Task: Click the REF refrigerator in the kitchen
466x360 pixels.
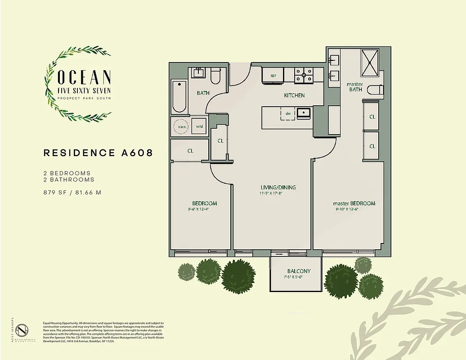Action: (273, 76)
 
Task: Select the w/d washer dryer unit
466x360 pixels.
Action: (199, 126)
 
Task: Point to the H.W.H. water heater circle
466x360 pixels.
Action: (181, 127)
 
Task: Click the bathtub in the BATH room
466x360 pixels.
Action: (179, 96)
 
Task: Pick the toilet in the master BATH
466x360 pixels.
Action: (374, 90)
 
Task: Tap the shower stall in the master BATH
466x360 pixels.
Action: (370, 64)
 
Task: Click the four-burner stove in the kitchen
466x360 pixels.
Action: (304, 76)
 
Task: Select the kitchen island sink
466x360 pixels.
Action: (305, 112)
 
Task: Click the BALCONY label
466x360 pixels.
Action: (299, 271)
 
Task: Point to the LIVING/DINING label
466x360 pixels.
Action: (278, 187)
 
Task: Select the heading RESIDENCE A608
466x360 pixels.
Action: (98, 153)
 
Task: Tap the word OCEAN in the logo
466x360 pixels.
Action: (84, 77)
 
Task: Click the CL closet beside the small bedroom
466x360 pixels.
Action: (190, 151)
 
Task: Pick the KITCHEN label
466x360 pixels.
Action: (294, 95)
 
